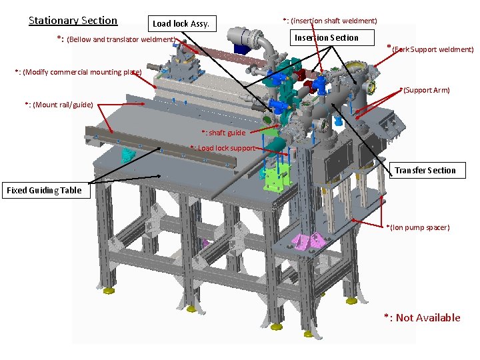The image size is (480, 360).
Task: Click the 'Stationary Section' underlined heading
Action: click(x=73, y=21)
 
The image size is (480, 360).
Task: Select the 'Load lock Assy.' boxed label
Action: click(x=182, y=23)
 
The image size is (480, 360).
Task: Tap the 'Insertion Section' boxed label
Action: click(x=332, y=37)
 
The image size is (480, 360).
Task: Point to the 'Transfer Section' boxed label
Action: click(x=427, y=170)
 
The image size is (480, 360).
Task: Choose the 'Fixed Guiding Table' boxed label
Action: click(x=46, y=191)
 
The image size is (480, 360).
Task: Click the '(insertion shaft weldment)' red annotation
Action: click(x=334, y=21)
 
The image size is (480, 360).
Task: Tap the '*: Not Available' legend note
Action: click(x=423, y=318)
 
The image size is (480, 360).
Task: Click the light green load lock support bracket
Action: click(x=276, y=180)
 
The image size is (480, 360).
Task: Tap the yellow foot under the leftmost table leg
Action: click(x=109, y=291)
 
